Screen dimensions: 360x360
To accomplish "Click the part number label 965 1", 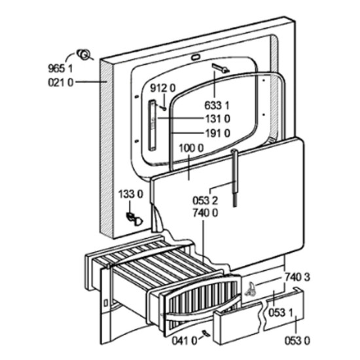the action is tap(60, 69).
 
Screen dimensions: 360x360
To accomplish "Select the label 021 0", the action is tap(61, 82).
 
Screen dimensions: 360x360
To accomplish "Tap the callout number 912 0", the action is tap(163, 88).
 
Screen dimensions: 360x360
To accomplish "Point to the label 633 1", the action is tap(217, 105).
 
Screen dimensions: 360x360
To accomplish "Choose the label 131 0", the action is tap(217, 119).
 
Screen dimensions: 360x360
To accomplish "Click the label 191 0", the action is tap(217, 134).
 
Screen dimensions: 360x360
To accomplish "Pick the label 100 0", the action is tap(191, 149).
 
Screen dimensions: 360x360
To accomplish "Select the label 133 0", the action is tap(131, 194).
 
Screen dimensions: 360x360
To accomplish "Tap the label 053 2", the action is tap(205, 201).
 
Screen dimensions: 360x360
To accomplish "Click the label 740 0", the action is tap(206, 213).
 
